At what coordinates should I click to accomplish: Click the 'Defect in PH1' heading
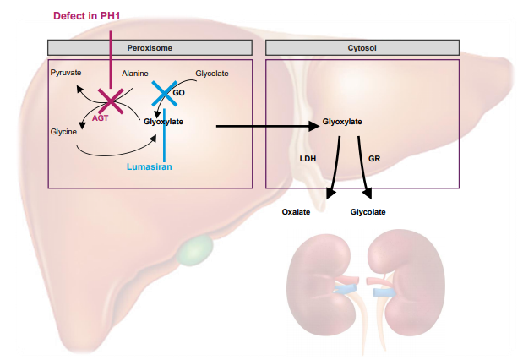87,15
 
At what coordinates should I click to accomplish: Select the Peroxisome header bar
151,48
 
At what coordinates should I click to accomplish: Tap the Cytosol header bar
362,48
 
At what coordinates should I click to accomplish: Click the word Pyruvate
66,74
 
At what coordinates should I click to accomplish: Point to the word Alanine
136,74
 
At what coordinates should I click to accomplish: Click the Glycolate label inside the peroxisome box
211,74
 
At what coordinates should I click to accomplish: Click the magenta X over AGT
112,101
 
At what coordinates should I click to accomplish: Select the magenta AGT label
101,119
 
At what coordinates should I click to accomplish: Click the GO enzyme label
178,92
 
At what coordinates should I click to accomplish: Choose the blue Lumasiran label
150,167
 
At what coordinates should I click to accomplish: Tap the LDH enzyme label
307,158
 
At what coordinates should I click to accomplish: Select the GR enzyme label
375,158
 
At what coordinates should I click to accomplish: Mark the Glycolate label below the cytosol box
368,211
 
